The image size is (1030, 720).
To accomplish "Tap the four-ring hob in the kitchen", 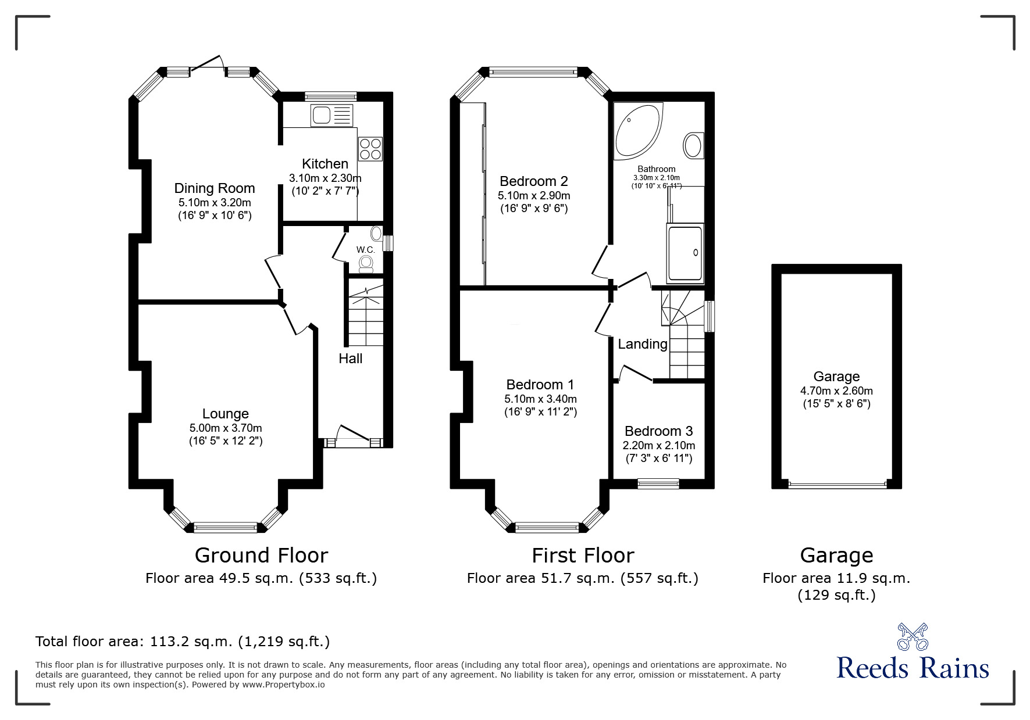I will [370, 148].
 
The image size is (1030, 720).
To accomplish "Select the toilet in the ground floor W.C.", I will [366, 265].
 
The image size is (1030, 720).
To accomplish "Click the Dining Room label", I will [215, 188].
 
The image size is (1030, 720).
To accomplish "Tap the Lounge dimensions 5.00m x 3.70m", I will [226, 428].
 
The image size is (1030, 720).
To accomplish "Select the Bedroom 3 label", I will [658, 431].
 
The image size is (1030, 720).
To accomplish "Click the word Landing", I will [642, 344].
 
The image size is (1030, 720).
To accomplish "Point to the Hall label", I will [350, 359].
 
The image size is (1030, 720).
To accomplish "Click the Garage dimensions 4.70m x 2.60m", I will [836, 391].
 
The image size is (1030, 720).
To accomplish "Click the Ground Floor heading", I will [261, 556].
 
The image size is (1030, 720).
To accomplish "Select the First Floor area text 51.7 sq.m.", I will [582, 578].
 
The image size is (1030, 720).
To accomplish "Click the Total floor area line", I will [183, 642].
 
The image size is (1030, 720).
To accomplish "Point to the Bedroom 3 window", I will [658, 482].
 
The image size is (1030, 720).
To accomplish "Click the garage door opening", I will [836, 484].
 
